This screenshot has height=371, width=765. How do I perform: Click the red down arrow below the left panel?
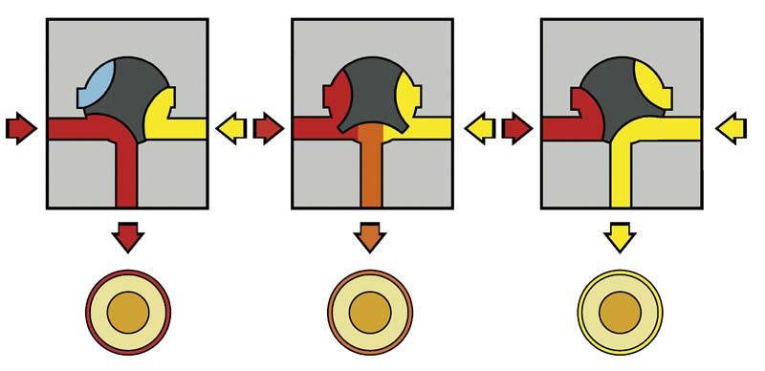point(127,235)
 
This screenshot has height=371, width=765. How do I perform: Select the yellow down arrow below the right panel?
point(620,235)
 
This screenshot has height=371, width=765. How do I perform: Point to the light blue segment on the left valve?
point(98,82)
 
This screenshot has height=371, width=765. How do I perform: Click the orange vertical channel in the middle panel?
point(371,172)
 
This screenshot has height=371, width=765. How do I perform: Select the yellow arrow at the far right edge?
point(732,126)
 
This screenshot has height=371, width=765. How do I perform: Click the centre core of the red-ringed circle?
point(127,312)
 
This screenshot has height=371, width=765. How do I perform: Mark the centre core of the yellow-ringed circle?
point(620,312)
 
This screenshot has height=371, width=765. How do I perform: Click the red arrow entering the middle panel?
point(271,126)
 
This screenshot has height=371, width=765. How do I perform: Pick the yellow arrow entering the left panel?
point(232,126)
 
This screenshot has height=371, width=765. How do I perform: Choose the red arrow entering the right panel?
point(517,126)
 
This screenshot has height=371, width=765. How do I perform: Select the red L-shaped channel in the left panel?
point(125,163)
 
